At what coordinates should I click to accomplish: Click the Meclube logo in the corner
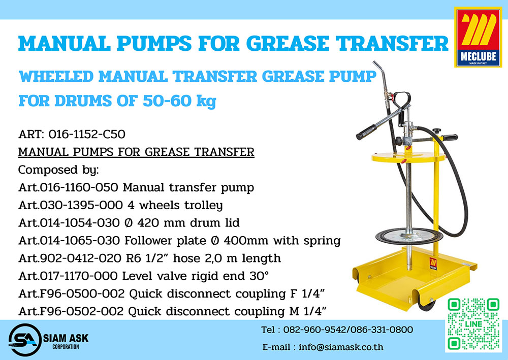478,37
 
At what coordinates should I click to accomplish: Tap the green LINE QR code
473,324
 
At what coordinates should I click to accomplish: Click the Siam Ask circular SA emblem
24,340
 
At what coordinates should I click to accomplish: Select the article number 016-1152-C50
87,134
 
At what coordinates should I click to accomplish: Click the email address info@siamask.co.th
341,347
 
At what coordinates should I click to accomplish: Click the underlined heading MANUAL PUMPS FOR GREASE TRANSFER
136,152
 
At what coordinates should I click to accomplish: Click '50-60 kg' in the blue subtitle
179,101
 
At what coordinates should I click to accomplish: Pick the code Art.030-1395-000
71,205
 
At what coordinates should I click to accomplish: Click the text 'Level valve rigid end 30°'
196,276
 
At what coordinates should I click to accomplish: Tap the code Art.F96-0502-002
71,311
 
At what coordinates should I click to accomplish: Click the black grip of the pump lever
366,132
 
